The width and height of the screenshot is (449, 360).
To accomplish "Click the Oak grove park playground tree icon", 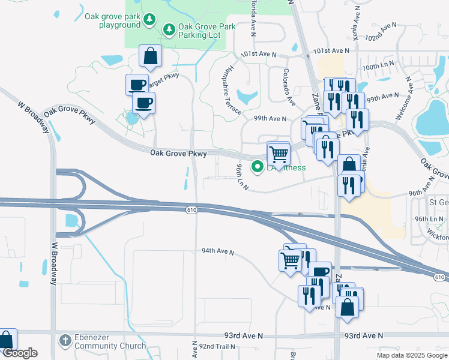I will [149, 22].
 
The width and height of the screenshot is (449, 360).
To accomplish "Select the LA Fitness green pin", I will [258, 167].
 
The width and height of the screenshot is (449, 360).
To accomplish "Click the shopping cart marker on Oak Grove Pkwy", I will [279, 154].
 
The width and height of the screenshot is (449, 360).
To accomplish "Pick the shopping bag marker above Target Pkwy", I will [150, 56].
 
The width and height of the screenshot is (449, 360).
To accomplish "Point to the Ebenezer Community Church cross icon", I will [65, 340].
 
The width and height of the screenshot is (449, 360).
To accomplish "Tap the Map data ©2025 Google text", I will [412, 355].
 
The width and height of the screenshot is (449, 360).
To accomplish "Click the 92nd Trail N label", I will [218, 347].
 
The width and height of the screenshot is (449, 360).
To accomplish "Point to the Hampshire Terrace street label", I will [231, 91].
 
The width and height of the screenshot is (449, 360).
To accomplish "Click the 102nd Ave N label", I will [382, 31].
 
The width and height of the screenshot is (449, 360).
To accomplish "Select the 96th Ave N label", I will [425, 193].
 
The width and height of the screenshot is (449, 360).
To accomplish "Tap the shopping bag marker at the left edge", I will [6, 340].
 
